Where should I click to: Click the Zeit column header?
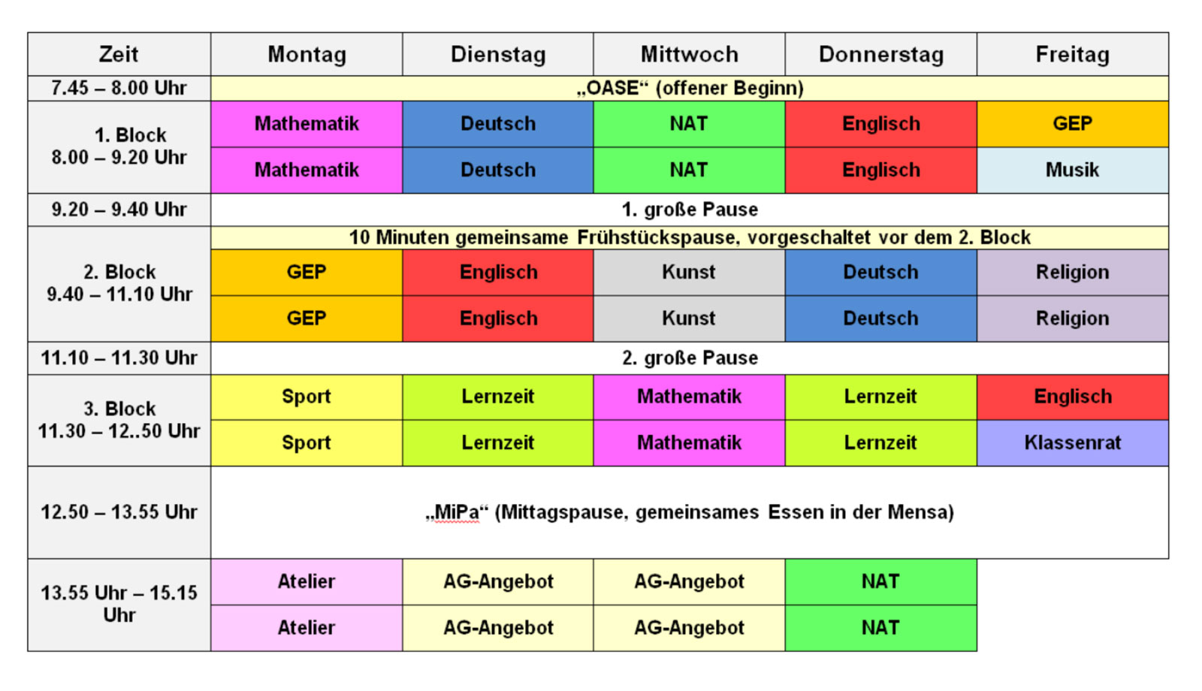(x=119, y=54)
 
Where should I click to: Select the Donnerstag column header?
(x=880, y=54)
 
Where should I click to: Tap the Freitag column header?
(x=1072, y=54)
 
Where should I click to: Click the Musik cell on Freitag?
(x=1072, y=170)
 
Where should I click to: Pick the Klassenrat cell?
(x=1072, y=442)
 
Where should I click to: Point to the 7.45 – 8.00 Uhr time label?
(x=119, y=88)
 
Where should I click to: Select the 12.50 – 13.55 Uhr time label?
(x=119, y=511)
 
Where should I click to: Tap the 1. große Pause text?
(x=690, y=210)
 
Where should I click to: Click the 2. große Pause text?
(x=690, y=358)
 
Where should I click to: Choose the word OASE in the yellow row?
(x=612, y=88)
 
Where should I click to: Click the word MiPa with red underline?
(x=456, y=511)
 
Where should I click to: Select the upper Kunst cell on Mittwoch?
(x=689, y=272)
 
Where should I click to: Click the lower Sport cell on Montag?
(x=307, y=442)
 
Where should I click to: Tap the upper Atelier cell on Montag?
(x=307, y=581)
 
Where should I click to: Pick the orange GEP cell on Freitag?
(x=1072, y=123)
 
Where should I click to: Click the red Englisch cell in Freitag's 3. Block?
(x=1072, y=397)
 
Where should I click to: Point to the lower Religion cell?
(x=1072, y=318)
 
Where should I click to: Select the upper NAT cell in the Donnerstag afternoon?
(x=880, y=581)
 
